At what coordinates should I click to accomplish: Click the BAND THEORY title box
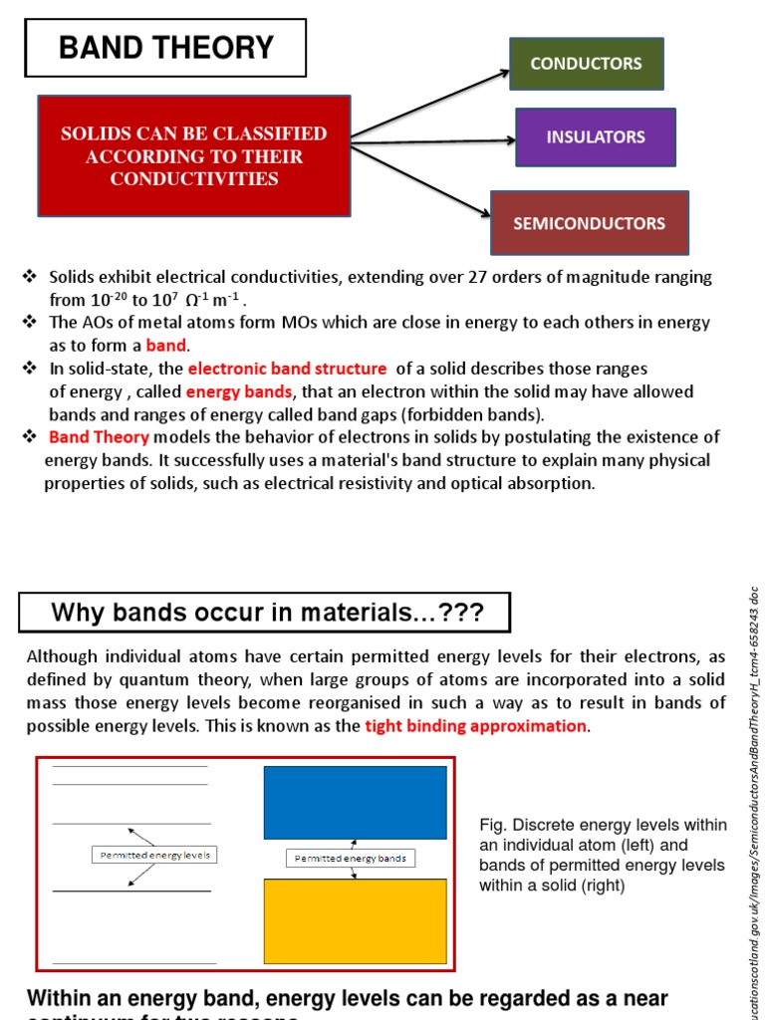(165, 48)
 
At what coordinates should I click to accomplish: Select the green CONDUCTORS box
(586, 64)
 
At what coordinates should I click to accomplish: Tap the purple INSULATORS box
(596, 137)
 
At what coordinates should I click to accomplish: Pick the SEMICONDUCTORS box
(589, 223)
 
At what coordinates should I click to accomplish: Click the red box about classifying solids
(194, 156)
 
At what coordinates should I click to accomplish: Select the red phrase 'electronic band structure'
(287, 369)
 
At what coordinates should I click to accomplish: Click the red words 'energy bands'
(239, 391)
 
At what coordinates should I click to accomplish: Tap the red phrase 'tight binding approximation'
(476, 725)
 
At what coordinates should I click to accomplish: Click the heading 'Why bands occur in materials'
(264, 613)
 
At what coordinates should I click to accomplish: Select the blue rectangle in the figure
(355, 802)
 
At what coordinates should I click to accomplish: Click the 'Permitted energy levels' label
(155, 855)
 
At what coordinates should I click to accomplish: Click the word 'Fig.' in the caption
(493, 826)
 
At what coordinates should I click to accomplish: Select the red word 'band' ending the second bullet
(166, 346)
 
